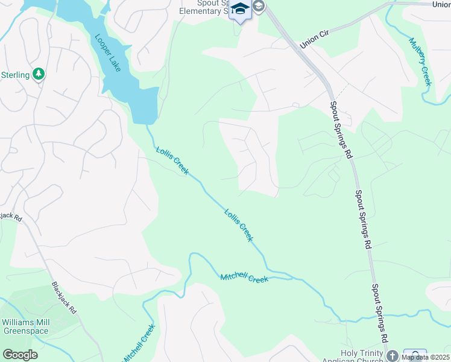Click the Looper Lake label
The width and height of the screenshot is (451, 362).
point(108,52)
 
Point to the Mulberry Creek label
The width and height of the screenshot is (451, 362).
point(420,62)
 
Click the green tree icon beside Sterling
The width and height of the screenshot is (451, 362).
point(39,74)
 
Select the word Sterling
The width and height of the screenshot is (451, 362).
point(15,75)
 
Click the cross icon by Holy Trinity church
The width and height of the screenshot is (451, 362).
point(393,355)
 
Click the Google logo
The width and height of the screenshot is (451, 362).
point(20,355)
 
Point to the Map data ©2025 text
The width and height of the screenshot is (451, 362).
point(425,357)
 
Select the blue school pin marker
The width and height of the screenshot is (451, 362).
point(241,11)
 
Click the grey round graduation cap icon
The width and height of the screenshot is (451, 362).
point(259,7)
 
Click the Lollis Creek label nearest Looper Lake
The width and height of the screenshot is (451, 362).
point(172,160)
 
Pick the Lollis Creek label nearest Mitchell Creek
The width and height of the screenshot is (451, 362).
point(239,225)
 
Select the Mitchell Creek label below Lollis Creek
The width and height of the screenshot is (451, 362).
point(244,278)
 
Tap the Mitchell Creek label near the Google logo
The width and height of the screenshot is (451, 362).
point(139,345)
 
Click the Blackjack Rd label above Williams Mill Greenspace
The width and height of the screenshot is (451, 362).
point(64,297)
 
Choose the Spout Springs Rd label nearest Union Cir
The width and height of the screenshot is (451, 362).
point(341,130)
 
